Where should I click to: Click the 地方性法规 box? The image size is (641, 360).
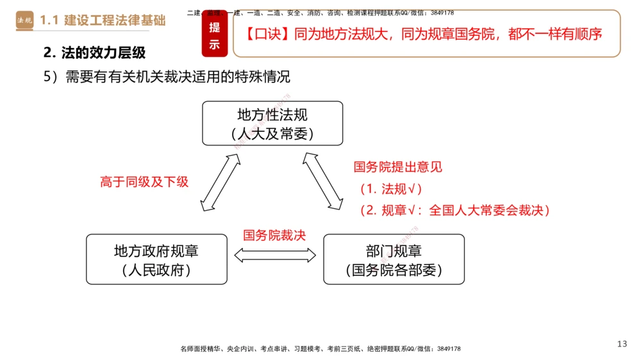pyautogui.click(x=272, y=124)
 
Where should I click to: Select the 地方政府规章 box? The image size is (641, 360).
pyautogui.click(x=156, y=259)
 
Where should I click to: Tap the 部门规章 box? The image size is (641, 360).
pyautogui.click(x=394, y=259)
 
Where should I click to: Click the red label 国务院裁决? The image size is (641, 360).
pyautogui.click(x=274, y=235)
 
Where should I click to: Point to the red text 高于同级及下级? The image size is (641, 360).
pyautogui.click(x=144, y=181)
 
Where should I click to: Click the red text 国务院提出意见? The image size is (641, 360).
pyautogui.click(x=397, y=167)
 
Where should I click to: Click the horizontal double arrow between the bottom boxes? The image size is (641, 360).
pyautogui.click(x=275, y=255)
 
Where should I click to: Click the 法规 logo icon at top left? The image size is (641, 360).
pyautogui.click(x=25, y=20)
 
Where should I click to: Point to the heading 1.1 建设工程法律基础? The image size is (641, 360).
pyautogui.click(x=103, y=20)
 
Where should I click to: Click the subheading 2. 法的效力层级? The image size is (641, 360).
pyautogui.click(x=94, y=53)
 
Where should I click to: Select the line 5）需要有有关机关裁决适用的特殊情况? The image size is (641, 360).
pyautogui.click(x=167, y=77)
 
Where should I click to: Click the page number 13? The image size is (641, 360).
pyautogui.click(x=622, y=344)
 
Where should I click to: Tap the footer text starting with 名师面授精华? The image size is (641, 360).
pyautogui.click(x=320, y=348)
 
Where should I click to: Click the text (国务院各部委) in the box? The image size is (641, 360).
pyautogui.click(x=394, y=270)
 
